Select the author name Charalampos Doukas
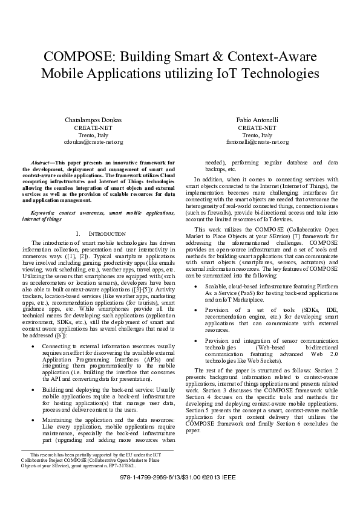[x=93, y=120]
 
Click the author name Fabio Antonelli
[x=258, y=120]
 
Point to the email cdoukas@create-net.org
[x=93, y=142]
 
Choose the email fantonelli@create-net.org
[x=258, y=142]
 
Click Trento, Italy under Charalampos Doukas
[x=93, y=135]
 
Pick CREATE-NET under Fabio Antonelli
[x=258, y=128]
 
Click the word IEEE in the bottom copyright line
[x=229, y=493]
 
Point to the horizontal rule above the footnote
[x=97, y=450]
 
